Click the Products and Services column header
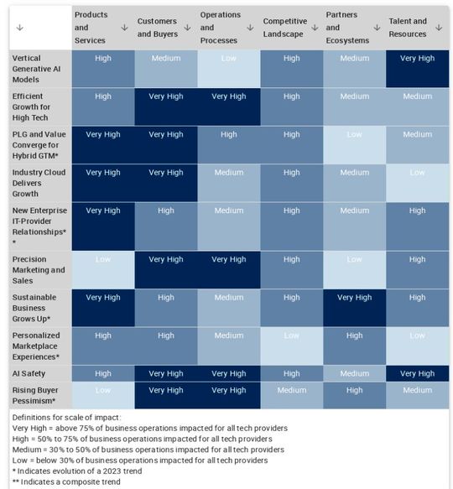[92, 27]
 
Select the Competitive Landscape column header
[284, 27]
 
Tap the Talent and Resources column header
[408, 27]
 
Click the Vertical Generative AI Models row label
[38, 69]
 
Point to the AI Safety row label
[29, 373]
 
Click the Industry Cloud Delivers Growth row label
[38, 184]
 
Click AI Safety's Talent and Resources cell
[417, 373]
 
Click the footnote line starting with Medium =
[138, 450]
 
